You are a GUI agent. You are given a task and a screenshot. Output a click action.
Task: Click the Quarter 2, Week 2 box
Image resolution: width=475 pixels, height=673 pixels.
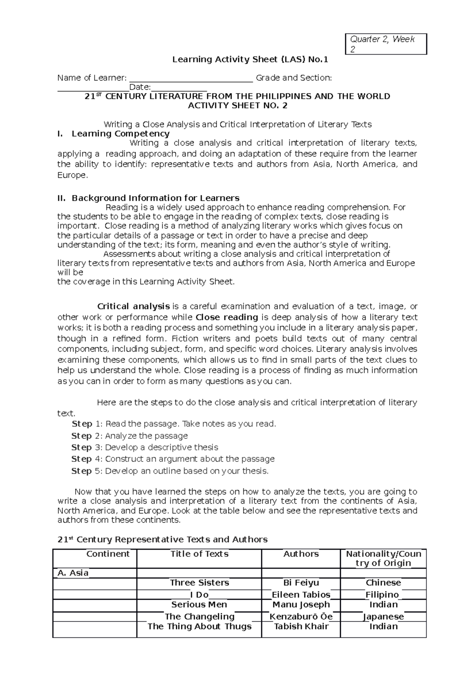[x=387, y=44]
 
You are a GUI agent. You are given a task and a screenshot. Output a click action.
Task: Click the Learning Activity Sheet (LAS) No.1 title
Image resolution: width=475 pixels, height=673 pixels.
[x=250, y=60]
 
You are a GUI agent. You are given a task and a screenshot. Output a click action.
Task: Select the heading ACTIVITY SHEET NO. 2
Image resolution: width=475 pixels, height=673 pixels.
[x=237, y=106]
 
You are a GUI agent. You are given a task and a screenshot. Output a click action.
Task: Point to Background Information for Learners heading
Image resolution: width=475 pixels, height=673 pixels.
[x=155, y=198]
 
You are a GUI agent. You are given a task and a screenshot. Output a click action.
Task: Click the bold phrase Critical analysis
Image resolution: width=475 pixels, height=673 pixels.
[x=133, y=306]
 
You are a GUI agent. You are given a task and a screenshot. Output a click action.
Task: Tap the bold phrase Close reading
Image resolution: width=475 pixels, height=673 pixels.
[x=227, y=317]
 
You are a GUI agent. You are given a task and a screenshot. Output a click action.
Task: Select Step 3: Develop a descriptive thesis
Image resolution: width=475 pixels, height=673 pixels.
[x=145, y=447]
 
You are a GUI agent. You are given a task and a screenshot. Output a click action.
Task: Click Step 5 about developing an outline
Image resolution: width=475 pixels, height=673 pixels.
[x=170, y=471]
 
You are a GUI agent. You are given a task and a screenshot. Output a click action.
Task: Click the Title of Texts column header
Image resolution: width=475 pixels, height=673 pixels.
[x=199, y=554]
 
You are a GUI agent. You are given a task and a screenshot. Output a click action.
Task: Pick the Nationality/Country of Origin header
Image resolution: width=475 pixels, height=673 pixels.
[x=383, y=558]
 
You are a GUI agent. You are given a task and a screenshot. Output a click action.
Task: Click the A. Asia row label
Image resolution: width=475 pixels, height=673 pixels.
[x=73, y=573]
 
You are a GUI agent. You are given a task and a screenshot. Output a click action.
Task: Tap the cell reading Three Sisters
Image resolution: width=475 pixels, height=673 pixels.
[x=199, y=583]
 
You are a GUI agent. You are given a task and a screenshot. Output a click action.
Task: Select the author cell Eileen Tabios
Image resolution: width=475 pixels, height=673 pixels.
[x=301, y=595]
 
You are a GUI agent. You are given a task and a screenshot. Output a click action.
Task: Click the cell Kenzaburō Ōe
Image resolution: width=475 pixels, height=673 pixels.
[x=301, y=616]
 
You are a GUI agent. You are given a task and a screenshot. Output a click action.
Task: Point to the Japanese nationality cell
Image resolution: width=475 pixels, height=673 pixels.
[x=383, y=616]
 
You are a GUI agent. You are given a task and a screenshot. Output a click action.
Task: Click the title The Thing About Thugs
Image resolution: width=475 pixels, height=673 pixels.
[x=199, y=626]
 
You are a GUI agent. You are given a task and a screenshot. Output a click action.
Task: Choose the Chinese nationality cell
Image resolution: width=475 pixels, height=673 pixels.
[x=383, y=583]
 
